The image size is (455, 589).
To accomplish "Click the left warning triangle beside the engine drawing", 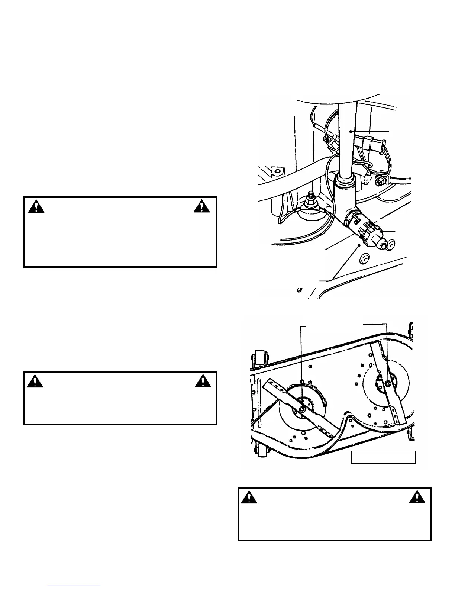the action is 36,206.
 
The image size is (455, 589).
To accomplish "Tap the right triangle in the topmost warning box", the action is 202,206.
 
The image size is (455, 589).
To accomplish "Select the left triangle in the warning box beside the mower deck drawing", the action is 35,382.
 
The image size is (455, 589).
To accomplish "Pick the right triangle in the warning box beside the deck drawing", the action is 202,382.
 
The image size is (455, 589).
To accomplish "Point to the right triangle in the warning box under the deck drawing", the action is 417,497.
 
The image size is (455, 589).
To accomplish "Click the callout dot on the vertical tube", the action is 350,131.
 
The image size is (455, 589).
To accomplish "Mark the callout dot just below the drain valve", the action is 359,245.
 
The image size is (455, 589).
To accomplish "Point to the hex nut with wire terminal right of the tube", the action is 379,182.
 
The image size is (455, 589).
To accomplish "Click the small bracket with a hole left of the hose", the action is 277,171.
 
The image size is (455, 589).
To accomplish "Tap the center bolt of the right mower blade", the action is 388,383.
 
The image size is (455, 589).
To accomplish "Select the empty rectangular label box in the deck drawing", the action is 383,457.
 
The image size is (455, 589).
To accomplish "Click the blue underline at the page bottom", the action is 74,585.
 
